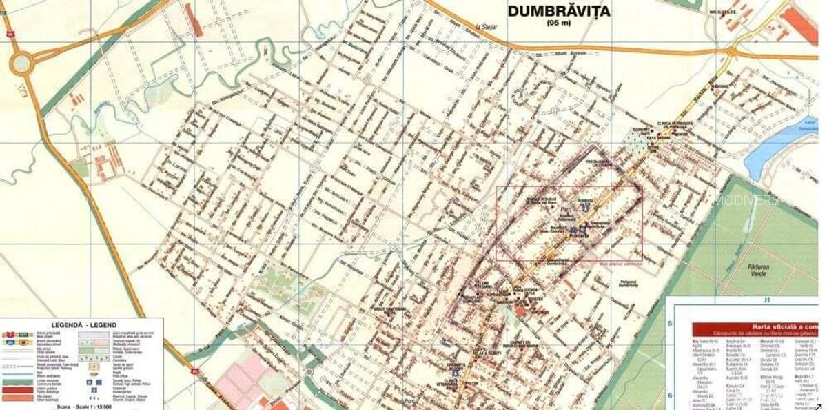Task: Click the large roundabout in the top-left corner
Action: click(x=21, y=64)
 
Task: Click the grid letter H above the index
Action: click(x=765, y=300)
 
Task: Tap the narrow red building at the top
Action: click(x=194, y=20)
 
